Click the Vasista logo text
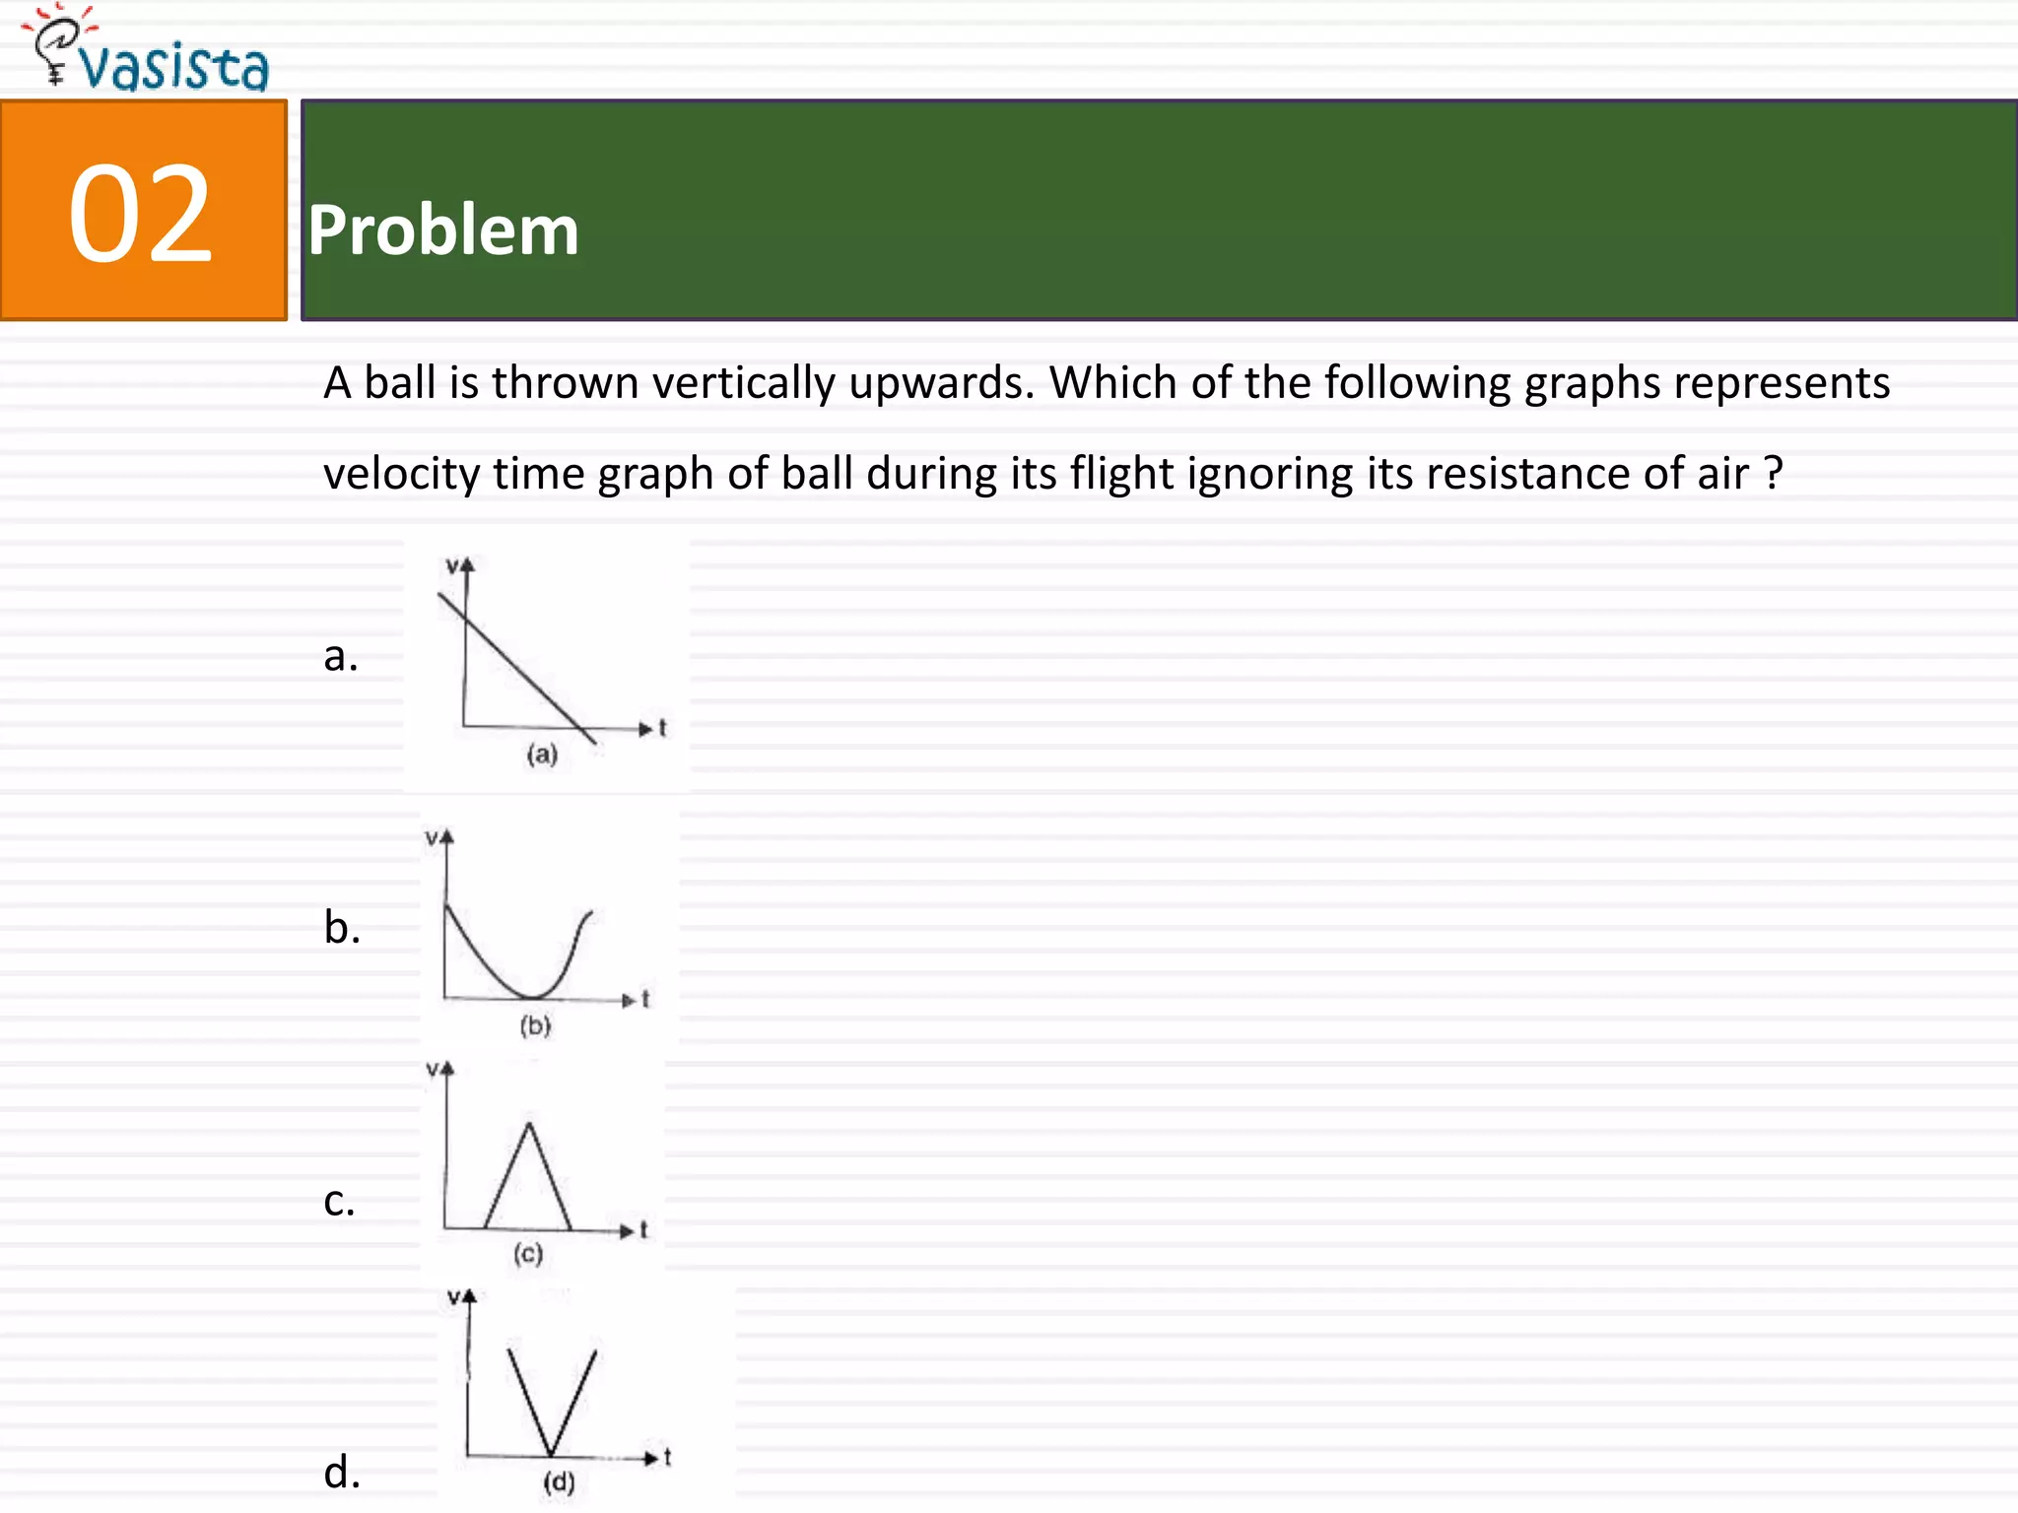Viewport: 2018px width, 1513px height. tap(172, 67)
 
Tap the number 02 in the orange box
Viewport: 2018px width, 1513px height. tap(140, 213)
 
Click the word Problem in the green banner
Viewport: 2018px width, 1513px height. tap(442, 230)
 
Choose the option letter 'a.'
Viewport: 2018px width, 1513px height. tap(340, 656)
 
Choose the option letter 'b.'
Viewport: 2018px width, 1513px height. tap(341, 928)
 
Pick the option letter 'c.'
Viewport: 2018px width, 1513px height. tap(338, 1201)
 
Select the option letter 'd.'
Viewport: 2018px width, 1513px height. tap(341, 1473)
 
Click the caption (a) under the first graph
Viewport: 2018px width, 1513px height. tap(542, 755)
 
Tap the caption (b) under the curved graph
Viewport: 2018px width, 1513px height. tap(535, 1025)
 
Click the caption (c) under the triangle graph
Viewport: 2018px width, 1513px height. tap(528, 1253)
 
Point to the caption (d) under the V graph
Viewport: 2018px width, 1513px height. tap(559, 1481)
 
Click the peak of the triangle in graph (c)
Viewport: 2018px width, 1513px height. tap(529, 1124)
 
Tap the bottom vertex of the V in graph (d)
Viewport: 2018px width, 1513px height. tap(551, 1454)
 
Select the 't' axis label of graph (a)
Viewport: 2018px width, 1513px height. tap(662, 728)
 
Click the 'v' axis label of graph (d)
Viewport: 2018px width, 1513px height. tap(453, 1297)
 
